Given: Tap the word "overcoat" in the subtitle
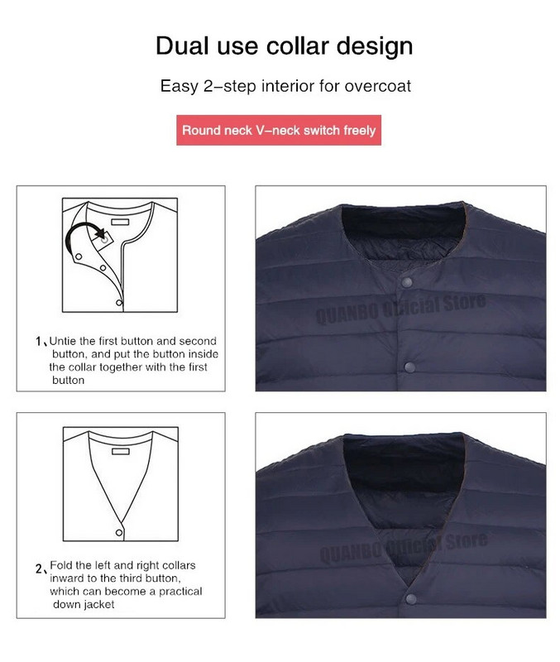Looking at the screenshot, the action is tap(378, 86).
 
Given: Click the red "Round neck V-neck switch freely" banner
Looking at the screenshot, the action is tap(279, 130).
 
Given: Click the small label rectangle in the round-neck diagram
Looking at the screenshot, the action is tap(120, 222).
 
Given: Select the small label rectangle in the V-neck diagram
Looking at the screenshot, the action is tap(120, 452).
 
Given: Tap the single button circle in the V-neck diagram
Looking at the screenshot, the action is tap(119, 533).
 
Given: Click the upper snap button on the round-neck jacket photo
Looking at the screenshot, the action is tap(406, 282).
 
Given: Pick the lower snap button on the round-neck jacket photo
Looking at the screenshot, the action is tap(409, 367).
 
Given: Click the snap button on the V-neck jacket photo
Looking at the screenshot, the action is tap(410, 598).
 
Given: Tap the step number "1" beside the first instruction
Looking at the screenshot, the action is tap(39, 341).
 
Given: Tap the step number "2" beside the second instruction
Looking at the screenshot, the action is tap(39, 569).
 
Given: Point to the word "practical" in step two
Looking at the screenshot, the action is tap(180, 592).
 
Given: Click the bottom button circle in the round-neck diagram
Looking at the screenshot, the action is tap(118, 303).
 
